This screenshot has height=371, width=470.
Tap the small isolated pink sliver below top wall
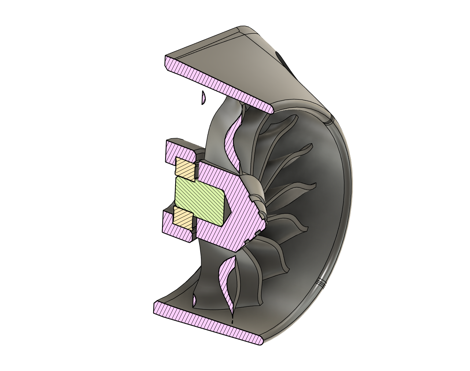203,98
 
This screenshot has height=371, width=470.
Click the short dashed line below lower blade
232,321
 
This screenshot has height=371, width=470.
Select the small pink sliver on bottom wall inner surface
194,301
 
